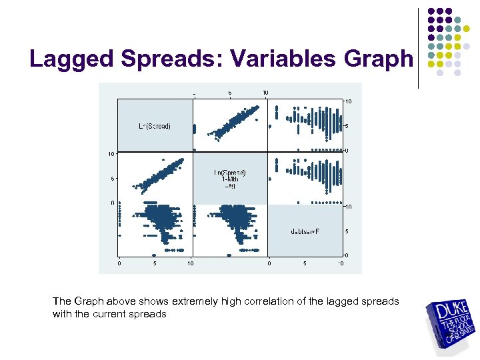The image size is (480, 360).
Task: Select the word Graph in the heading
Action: (379, 59)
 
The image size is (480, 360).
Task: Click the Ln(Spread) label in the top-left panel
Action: (155, 126)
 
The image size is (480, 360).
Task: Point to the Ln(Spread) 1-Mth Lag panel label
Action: (230, 178)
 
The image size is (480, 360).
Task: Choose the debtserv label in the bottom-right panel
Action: (305, 231)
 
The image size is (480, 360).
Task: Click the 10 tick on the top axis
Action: (265, 92)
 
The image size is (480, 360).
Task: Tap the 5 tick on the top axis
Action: (230, 92)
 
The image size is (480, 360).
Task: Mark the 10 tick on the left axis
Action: (112, 154)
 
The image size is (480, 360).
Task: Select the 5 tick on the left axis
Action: (113, 179)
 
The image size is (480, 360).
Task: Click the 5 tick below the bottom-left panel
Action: (155, 263)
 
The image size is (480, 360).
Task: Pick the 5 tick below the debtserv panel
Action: (305, 263)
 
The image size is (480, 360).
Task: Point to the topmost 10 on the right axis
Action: (348, 101)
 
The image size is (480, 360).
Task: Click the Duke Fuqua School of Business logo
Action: (451, 323)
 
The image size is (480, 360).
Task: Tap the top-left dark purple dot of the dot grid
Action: (431, 11)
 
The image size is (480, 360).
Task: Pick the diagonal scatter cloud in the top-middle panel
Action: (231, 123)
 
